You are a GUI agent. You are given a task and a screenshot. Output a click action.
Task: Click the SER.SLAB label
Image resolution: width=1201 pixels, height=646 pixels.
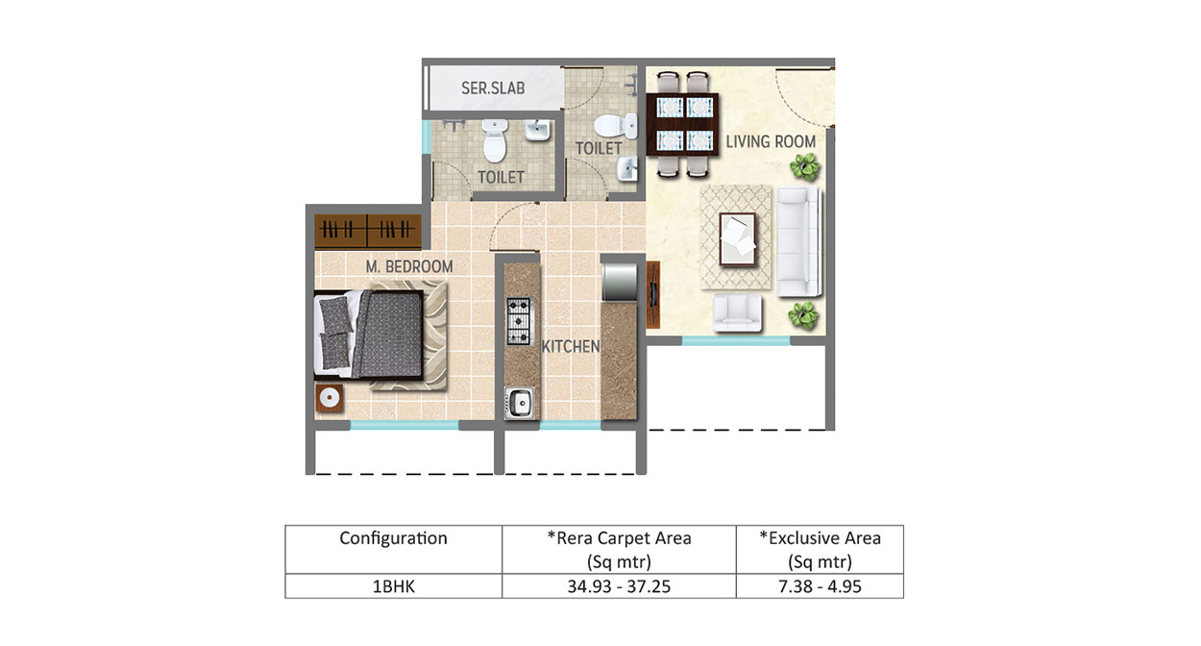[x=493, y=88]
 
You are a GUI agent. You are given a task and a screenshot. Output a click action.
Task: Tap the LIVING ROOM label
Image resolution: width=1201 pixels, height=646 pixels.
[x=771, y=141]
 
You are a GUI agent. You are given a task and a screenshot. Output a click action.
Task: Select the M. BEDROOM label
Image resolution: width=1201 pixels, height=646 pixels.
[x=409, y=266]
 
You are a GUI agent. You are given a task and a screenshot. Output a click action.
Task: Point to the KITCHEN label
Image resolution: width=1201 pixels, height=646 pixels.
[x=571, y=347]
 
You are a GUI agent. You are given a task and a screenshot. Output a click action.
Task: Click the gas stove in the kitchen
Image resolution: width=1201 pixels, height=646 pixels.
[x=519, y=321]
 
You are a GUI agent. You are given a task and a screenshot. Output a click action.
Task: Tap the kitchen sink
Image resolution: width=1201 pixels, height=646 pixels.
[x=519, y=403]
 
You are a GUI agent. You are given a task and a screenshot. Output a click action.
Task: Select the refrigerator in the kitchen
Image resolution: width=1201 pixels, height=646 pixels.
[x=620, y=282]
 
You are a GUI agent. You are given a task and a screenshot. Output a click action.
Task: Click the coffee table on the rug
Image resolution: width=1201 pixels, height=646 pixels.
[x=738, y=239]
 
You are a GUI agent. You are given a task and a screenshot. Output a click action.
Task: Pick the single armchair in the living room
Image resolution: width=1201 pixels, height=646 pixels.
[x=737, y=312]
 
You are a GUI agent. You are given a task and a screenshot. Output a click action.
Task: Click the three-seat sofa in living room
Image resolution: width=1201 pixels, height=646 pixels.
[x=798, y=241]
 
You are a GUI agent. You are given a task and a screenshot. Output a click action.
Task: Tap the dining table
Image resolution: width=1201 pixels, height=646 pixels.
[x=682, y=124]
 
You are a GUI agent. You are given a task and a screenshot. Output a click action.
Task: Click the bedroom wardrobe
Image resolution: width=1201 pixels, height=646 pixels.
[x=368, y=232]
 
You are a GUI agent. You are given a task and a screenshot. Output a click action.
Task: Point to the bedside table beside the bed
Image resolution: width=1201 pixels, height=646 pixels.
[x=330, y=398]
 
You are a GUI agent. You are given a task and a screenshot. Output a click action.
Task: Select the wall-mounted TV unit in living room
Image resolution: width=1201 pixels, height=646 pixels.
[x=652, y=294]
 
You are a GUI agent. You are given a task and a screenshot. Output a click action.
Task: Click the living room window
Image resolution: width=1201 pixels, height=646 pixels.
[x=736, y=340]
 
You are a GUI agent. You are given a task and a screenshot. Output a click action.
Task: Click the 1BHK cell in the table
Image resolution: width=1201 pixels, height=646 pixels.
[x=394, y=585]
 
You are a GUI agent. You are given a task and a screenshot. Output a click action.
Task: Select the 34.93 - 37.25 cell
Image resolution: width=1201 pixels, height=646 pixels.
[x=619, y=585]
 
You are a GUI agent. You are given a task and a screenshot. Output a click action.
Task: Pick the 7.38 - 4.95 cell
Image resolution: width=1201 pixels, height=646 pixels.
[x=820, y=585]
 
